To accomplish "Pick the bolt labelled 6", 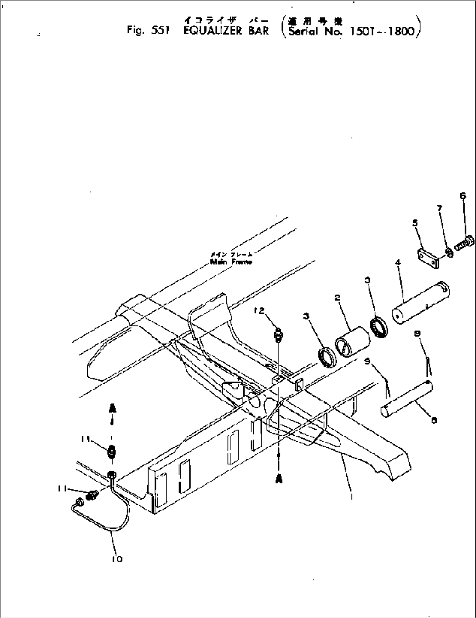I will click(x=463, y=242).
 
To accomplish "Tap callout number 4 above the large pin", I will click(x=397, y=263).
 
